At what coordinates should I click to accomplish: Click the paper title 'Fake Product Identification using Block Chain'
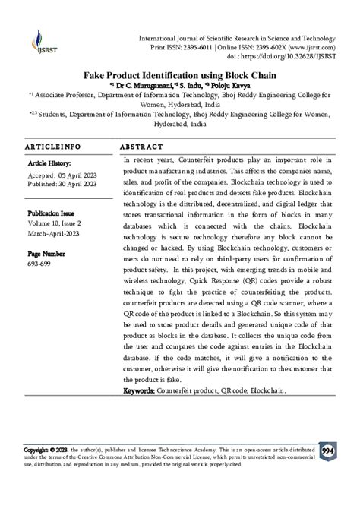point(179,76)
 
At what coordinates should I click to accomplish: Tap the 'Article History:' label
point(49,163)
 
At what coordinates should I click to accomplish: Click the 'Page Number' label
point(46,253)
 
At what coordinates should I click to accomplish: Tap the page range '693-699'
point(39,263)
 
